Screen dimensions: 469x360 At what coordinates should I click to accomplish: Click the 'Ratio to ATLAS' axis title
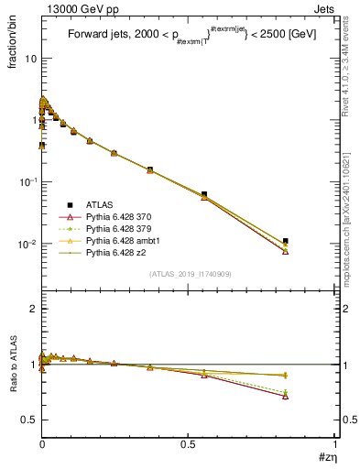tap(13, 365)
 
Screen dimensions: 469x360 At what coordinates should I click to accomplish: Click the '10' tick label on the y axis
tap(29, 59)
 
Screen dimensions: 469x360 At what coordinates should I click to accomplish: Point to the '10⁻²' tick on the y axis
tap(27, 244)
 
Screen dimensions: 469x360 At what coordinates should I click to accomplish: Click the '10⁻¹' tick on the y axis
tap(27, 181)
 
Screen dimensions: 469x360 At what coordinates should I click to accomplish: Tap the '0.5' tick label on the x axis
tap(189, 448)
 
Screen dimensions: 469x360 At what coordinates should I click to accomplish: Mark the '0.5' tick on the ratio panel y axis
tap(29, 420)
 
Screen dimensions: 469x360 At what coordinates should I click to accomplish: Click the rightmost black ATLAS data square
tap(286, 241)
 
